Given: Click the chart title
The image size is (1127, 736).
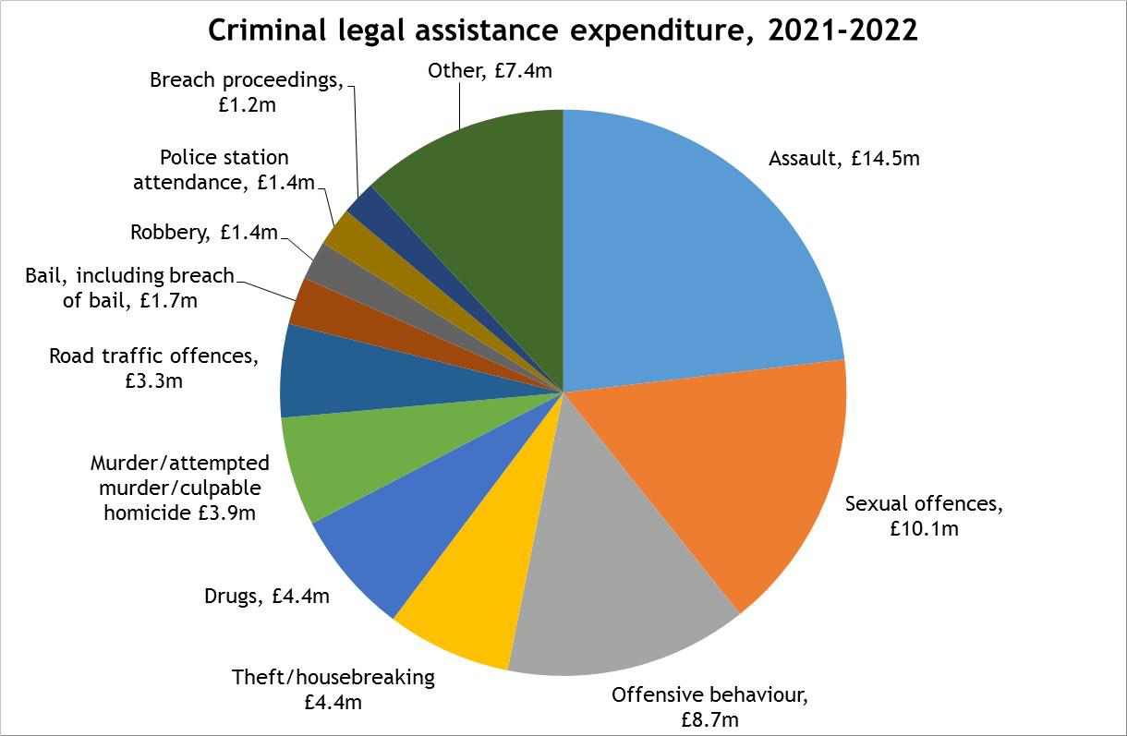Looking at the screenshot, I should click(x=563, y=30).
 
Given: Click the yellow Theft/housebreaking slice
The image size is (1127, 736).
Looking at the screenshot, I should click(x=480, y=591).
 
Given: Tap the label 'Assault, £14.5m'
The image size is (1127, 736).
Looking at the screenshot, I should click(x=843, y=159).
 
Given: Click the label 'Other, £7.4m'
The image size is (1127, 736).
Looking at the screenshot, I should click(x=490, y=70).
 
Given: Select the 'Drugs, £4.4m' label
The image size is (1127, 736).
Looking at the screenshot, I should click(x=266, y=597).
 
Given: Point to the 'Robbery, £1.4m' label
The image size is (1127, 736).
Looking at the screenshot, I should click(x=203, y=233).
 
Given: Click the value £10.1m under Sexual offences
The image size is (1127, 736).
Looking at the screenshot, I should click(x=924, y=529).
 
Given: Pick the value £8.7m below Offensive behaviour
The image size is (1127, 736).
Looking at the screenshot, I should click(x=709, y=718).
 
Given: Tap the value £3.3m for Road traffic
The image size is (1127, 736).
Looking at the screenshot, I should click(x=153, y=380).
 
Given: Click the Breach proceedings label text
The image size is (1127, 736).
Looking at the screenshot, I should click(x=246, y=80).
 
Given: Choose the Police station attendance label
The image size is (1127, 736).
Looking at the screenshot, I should click(x=224, y=170).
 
